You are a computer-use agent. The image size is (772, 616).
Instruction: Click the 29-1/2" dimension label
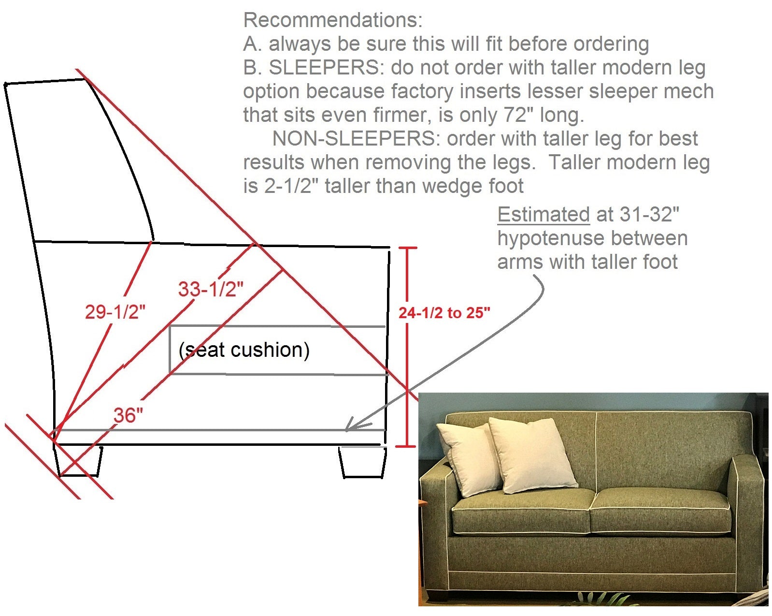(x=115, y=312)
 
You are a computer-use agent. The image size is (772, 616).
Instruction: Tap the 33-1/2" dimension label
(x=211, y=289)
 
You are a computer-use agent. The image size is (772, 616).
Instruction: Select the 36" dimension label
(x=129, y=415)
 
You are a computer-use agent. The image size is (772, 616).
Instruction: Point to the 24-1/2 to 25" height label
(x=444, y=313)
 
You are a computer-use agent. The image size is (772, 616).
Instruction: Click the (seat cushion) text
(x=244, y=350)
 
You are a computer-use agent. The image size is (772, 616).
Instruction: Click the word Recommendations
(x=333, y=20)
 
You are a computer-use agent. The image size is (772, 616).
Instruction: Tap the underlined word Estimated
(x=543, y=214)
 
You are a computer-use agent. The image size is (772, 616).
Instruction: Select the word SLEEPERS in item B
(x=323, y=68)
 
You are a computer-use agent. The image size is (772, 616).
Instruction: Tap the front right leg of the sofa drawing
(x=362, y=462)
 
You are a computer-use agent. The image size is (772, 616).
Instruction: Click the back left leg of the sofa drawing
(x=80, y=461)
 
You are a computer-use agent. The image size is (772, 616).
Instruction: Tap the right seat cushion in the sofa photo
(x=659, y=513)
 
